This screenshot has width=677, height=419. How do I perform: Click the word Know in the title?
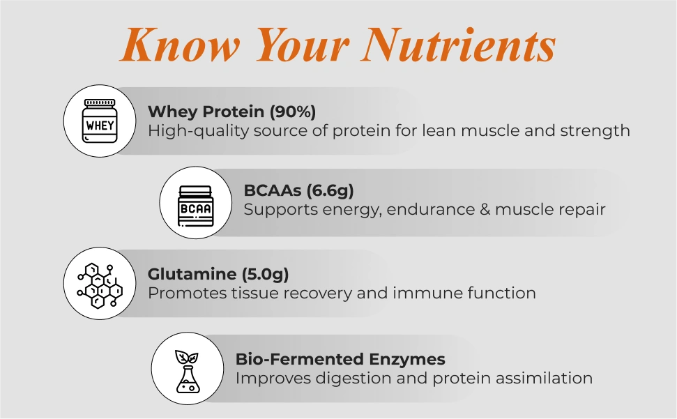pos(179,44)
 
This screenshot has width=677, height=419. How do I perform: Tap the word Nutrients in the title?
pos(459,44)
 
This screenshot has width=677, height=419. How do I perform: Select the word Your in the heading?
pos(301,44)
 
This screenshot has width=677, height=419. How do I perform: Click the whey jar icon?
pos(100,121)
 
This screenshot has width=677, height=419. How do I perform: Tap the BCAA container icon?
pos(196,206)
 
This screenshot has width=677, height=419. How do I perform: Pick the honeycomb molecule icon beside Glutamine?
pos(100,285)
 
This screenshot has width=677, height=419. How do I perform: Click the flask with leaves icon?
pos(188,371)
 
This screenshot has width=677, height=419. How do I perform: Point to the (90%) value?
pos(293,112)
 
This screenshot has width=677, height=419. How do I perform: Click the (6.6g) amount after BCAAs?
pos(330,190)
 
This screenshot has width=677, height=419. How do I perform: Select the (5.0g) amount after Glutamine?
pos(265,274)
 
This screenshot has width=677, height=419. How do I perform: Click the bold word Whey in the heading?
pos(173,112)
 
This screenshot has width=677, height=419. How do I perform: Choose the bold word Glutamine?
pos(192,274)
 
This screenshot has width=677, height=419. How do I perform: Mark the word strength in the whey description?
pos(595,131)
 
